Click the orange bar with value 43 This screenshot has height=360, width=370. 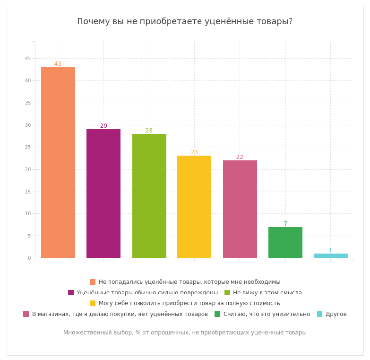click(x=58, y=162)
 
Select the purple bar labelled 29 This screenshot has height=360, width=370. click(x=103, y=193)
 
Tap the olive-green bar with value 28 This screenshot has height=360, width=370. click(x=149, y=196)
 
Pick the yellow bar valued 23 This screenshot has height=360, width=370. click(x=194, y=207)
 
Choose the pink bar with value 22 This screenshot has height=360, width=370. click(x=240, y=209)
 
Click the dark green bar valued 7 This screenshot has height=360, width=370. click(x=285, y=242)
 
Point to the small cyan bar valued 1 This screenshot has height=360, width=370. click(x=330, y=256)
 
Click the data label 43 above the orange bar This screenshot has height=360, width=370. click(x=58, y=64)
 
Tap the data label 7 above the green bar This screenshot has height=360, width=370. click(x=285, y=224)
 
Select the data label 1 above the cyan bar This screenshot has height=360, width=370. click(x=330, y=250)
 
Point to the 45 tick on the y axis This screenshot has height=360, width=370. click(x=28, y=58)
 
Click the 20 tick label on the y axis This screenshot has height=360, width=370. click(x=28, y=169)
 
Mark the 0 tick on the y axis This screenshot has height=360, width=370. click(x=29, y=258)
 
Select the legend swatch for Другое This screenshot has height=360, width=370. click(x=320, y=314)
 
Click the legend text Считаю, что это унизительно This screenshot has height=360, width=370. click(x=267, y=314)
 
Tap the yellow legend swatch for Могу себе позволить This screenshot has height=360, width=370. click(x=93, y=303)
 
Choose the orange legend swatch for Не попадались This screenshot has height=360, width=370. click(x=93, y=282)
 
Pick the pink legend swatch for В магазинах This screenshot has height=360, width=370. click(x=26, y=314)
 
